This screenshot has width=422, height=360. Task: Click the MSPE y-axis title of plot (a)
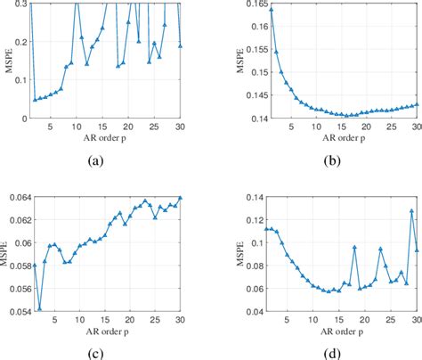click(x=7, y=60)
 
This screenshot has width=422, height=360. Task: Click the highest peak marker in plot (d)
click(x=411, y=211)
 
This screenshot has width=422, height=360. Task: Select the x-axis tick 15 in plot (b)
click(x=344, y=127)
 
